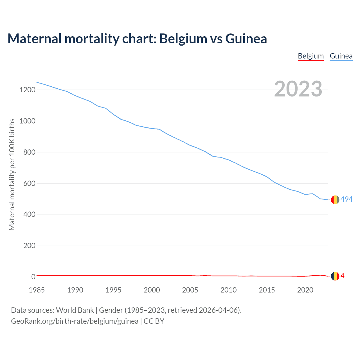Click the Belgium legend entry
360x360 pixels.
(311, 56)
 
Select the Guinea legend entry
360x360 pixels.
(341, 56)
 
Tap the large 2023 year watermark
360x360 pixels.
(298, 89)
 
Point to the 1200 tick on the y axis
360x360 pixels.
(27, 90)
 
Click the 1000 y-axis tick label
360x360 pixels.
(27, 121)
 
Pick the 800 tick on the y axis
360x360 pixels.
(29, 152)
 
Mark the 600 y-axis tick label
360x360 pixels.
(29, 184)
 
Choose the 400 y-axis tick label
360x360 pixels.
(29, 215)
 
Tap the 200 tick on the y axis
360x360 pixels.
(29, 246)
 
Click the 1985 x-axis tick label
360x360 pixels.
(37, 290)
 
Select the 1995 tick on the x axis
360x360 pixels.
(113, 290)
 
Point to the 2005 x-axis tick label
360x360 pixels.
(190, 290)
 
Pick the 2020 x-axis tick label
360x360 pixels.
(305, 290)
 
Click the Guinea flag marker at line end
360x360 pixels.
(335, 200)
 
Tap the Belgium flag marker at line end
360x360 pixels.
(335, 276)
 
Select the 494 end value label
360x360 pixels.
(346, 199)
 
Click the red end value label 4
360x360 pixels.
(343, 276)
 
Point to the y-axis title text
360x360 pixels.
(12, 174)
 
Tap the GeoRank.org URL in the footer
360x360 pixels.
(75, 321)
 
